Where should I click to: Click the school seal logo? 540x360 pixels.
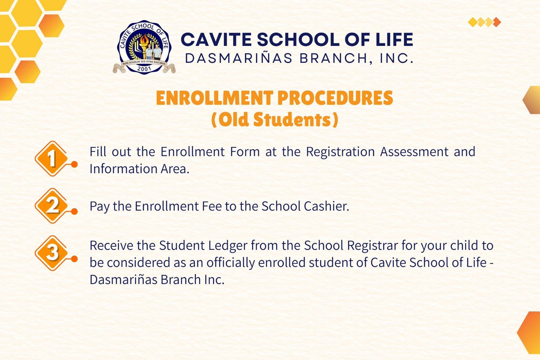pyautogui.click(x=144, y=47)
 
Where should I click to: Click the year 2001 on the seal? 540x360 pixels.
pyautogui.click(x=144, y=69)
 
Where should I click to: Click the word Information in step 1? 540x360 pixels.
pyautogui.click(x=124, y=169)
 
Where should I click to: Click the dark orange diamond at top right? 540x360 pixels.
pyautogui.click(x=497, y=22)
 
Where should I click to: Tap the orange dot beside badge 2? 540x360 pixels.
pyautogui.click(x=75, y=212)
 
